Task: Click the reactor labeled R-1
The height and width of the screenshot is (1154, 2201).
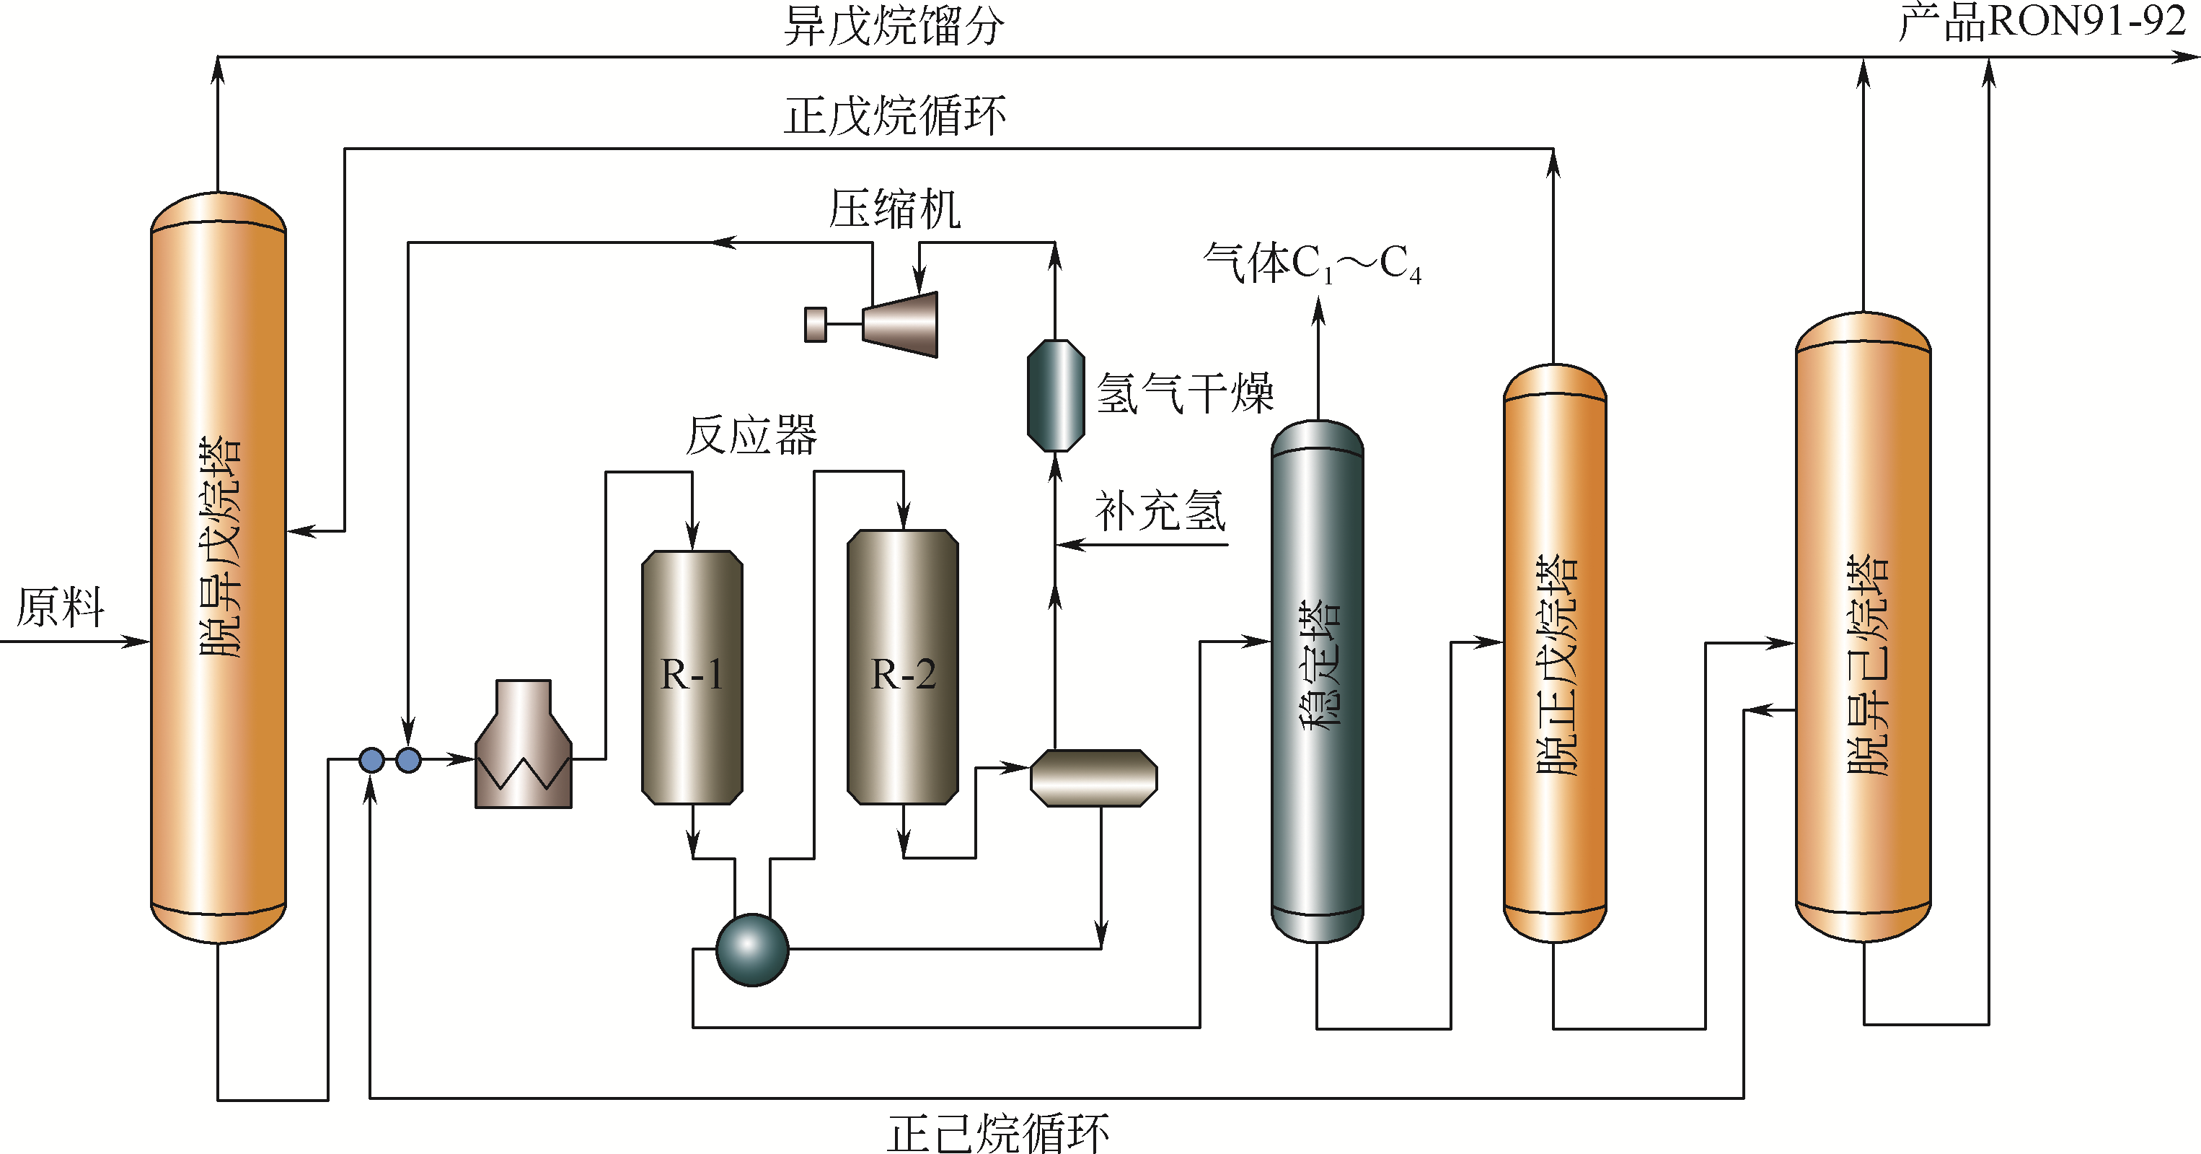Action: (692, 677)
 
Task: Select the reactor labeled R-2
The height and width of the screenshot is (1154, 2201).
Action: (902, 667)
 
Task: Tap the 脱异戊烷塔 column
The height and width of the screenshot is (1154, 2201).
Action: (219, 567)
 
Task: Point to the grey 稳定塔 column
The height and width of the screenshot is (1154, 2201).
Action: (1317, 681)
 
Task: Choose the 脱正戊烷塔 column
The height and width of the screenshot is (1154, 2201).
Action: (1554, 654)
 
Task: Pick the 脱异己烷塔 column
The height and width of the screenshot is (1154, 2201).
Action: (1863, 626)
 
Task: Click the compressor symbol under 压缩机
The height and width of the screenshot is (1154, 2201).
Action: (901, 324)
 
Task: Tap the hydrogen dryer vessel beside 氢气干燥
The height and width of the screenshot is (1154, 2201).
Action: (1055, 395)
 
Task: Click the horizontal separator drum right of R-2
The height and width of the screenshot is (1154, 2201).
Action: (1094, 778)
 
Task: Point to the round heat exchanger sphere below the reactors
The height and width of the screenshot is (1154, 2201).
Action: (752, 950)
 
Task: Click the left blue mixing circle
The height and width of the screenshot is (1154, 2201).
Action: (371, 760)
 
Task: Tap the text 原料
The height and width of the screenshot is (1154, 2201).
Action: (60, 607)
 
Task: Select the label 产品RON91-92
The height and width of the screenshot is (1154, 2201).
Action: (2042, 22)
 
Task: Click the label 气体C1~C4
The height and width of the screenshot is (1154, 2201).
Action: (1313, 263)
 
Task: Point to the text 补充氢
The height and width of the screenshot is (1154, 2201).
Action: (1160, 512)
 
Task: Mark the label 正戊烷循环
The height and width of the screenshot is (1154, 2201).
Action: (894, 116)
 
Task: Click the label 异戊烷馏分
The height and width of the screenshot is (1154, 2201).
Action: (894, 26)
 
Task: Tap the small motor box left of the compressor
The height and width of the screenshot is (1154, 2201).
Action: (816, 325)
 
